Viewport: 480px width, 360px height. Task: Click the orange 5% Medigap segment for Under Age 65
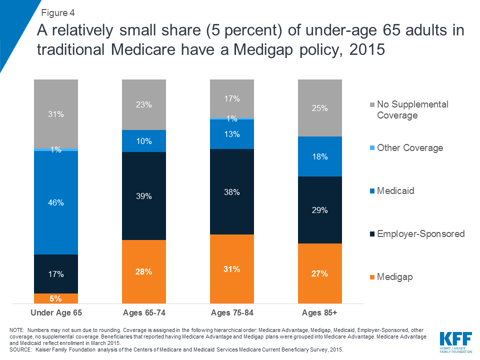(x=56, y=298)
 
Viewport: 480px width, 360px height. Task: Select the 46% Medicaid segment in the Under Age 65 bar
(x=56, y=202)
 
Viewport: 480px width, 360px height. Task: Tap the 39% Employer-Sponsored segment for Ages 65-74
(x=144, y=196)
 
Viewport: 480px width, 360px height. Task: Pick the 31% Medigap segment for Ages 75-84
(x=232, y=269)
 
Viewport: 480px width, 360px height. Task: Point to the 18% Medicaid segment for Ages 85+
(x=320, y=156)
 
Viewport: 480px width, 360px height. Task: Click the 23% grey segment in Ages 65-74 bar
(x=144, y=105)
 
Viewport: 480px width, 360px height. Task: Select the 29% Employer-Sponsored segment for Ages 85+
(x=320, y=210)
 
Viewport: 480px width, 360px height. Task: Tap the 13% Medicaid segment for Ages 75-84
(x=232, y=134)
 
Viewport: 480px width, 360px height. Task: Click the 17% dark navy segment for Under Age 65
(x=56, y=274)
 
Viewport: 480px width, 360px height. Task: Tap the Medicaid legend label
(x=395, y=191)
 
